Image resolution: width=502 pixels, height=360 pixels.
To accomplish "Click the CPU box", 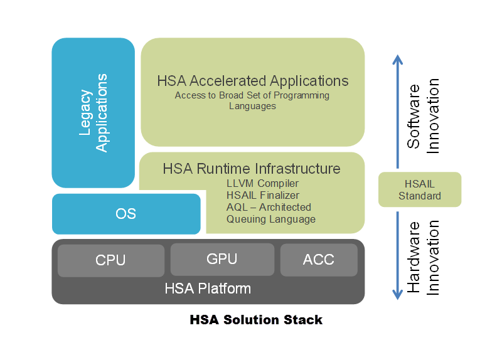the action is coord(111,260).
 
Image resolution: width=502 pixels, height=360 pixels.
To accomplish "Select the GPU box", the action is coord(222,259).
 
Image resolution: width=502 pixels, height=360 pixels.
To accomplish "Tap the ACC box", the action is coord(319,260).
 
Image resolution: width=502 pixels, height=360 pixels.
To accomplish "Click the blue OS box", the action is coord(126,214).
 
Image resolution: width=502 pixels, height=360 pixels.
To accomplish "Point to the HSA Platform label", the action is coord(208,289).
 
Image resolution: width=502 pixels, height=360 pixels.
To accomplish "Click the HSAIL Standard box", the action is coord(420,189).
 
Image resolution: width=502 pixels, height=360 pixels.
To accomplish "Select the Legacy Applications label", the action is coord(93,113).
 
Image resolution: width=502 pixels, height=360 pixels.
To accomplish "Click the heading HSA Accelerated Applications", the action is coord(253,81).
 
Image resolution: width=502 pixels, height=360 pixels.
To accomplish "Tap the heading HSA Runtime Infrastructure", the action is coord(252,169).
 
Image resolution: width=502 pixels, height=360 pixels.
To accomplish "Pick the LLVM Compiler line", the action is coord(262,183).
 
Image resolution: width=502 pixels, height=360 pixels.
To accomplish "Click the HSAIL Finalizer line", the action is coord(263,195).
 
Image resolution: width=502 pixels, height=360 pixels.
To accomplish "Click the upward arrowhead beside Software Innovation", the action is coord(398,60).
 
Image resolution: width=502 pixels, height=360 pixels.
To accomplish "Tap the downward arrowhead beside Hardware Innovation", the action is coord(398,294).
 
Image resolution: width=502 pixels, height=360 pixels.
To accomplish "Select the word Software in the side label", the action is coord(414,117).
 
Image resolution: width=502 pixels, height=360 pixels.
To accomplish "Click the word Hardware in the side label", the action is coord(414,257).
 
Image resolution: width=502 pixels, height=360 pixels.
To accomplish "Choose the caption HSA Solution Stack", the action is coord(256,320).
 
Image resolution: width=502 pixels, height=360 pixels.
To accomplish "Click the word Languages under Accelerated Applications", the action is coord(252,106).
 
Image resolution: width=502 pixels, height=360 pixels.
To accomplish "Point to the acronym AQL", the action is coord(237,208).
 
